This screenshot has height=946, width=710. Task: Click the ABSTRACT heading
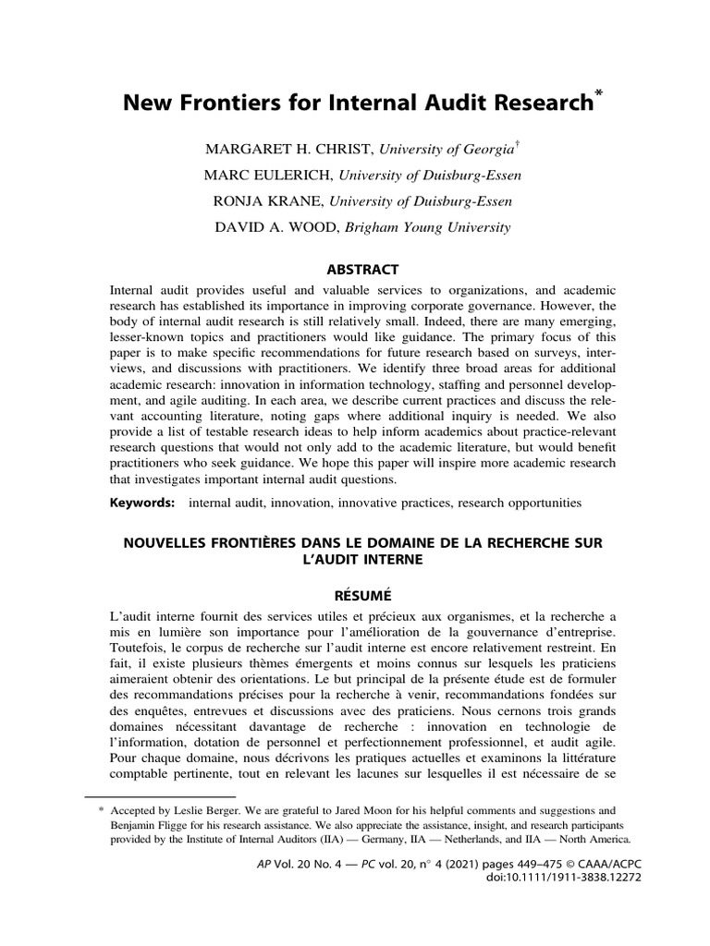coord(356,270)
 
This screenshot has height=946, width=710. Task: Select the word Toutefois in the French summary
coord(143,650)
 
